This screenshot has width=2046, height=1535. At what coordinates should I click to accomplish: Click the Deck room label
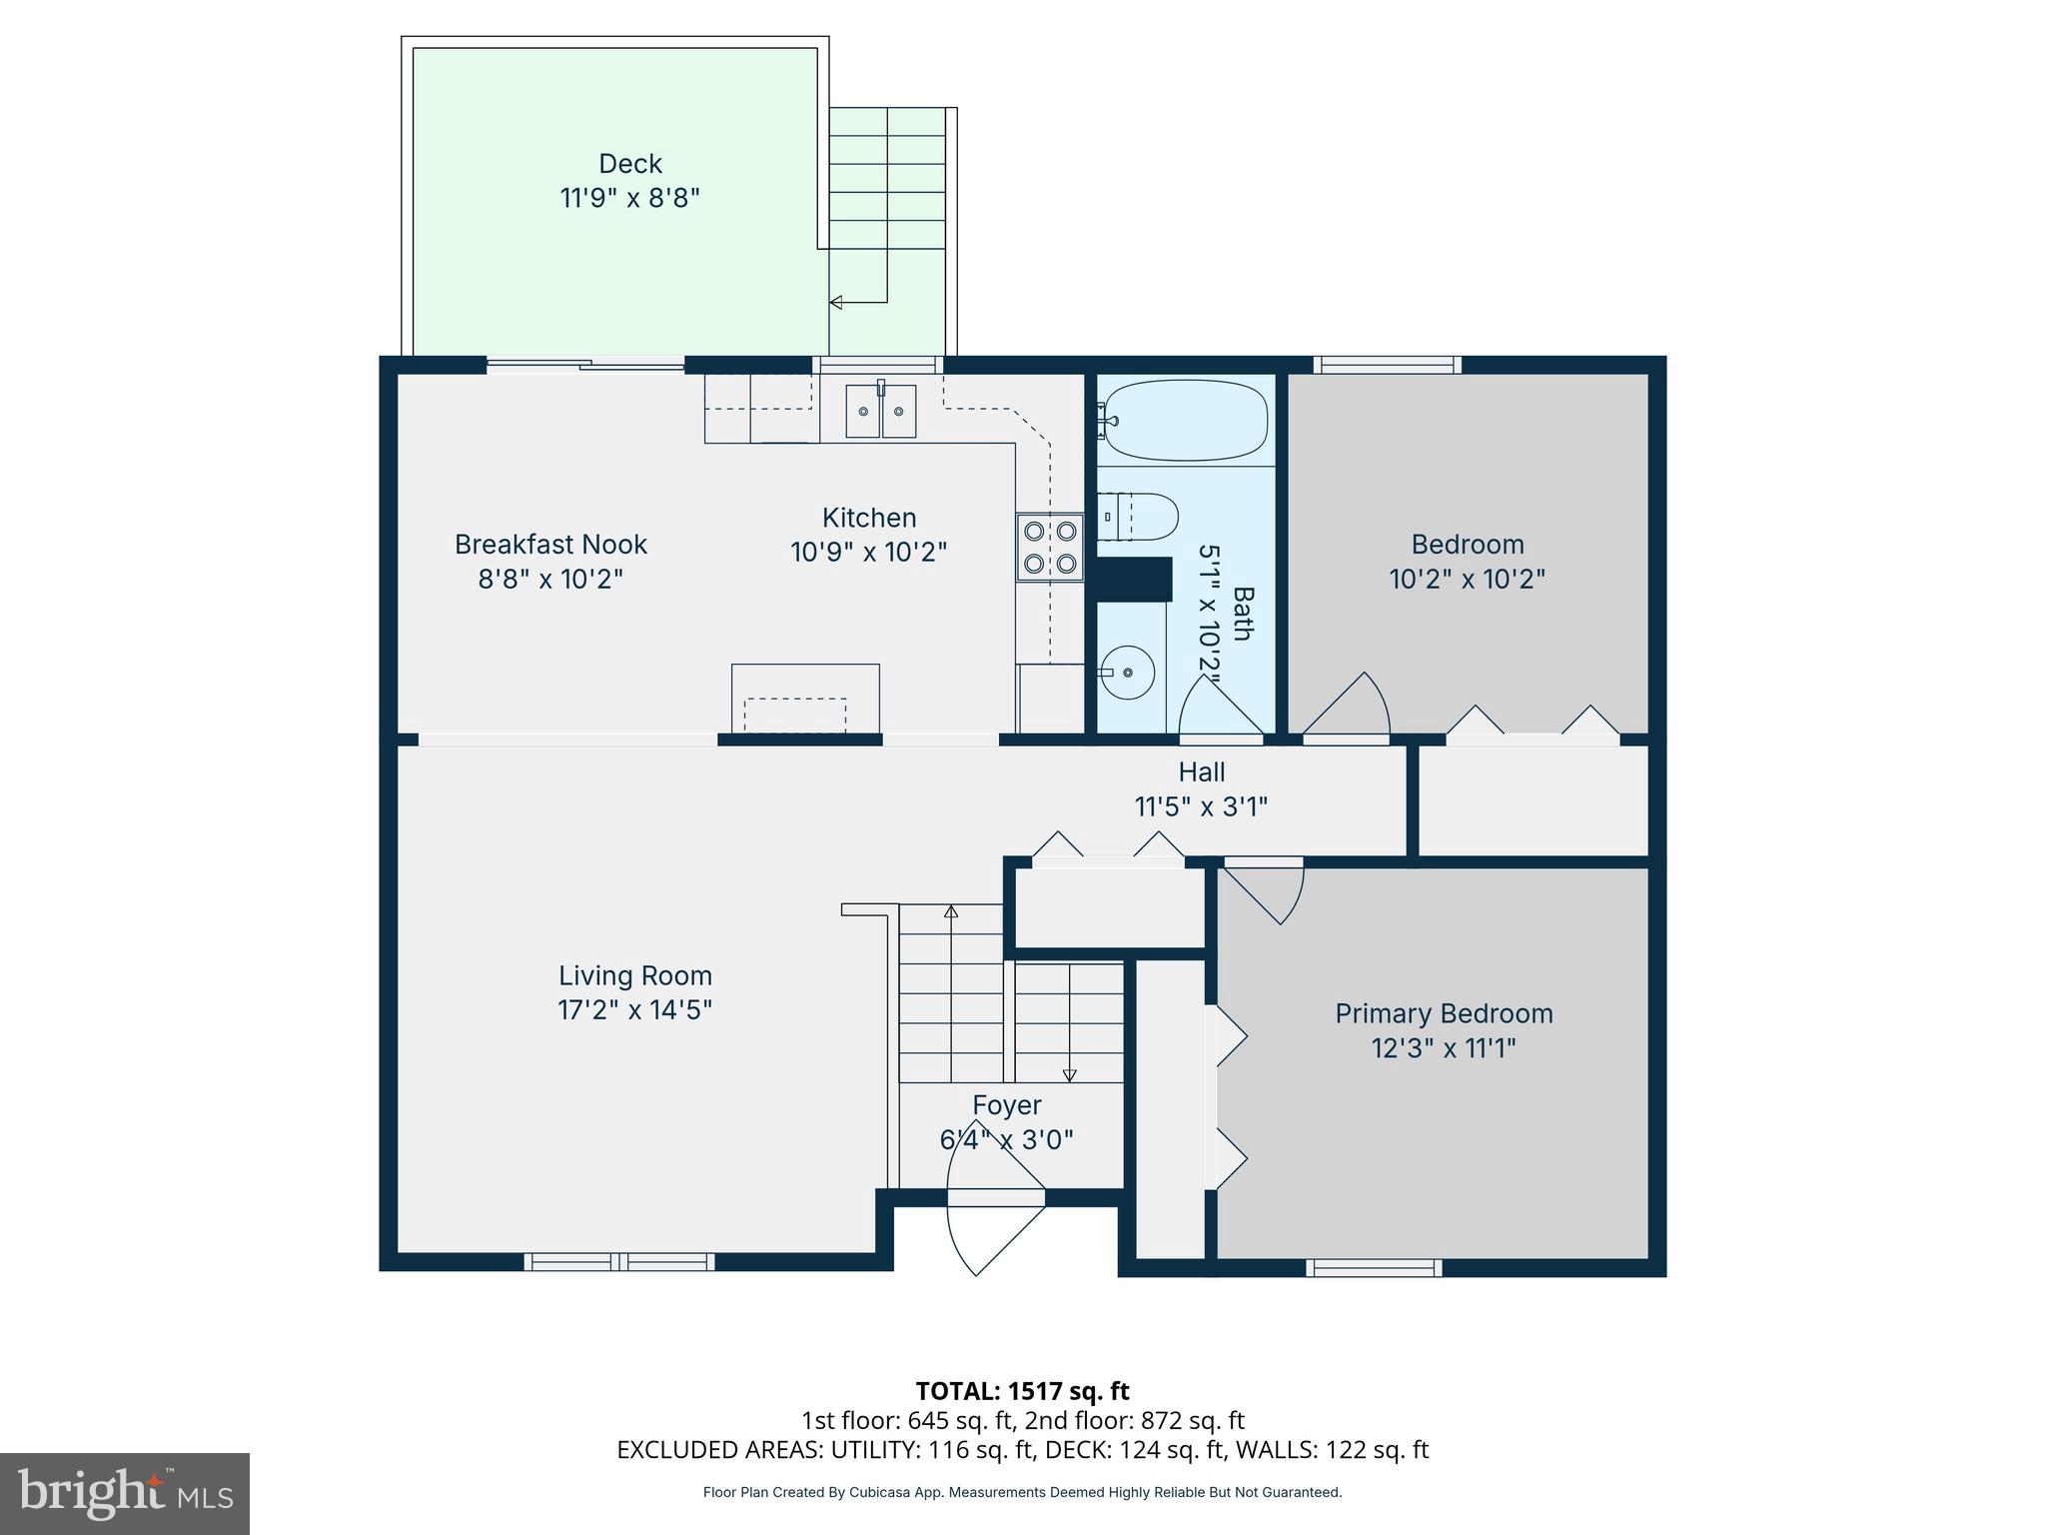pyautogui.click(x=629, y=164)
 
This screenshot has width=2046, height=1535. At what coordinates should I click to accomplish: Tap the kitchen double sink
pyautogui.click(x=880, y=412)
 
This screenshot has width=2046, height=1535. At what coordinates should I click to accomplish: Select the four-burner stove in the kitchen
pyautogui.click(x=1050, y=547)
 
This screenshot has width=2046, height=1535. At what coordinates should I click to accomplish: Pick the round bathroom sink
pyautogui.click(x=1128, y=672)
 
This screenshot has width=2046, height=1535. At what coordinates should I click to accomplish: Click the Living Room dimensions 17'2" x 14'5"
pyautogui.click(x=634, y=1010)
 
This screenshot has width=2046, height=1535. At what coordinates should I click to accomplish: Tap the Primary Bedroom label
pyautogui.click(x=1444, y=1013)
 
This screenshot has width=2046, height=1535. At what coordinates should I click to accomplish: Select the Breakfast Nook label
pyautogui.click(x=550, y=545)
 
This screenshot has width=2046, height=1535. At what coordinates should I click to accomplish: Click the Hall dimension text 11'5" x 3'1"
pyautogui.click(x=1201, y=806)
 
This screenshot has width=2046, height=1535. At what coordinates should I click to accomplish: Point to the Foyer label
pyautogui.click(x=1007, y=1105)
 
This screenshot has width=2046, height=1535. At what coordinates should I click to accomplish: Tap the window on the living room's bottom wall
pyautogui.click(x=619, y=1261)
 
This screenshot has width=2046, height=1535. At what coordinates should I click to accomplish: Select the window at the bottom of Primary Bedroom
pyautogui.click(x=1374, y=1267)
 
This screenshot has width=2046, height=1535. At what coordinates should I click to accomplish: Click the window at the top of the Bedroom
pyautogui.click(x=1386, y=365)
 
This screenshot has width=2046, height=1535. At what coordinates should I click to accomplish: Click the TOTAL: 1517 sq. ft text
pyautogui.click(x=1022, y=1391)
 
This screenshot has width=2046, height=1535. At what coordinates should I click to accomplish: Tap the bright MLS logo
pyautogui.click(x=125, y=1493)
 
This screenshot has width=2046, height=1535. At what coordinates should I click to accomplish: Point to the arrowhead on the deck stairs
pyautogui.click(x=835, y=302)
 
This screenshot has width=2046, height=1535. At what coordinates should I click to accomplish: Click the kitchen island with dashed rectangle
pyautogui.click(x=805, y=700)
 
